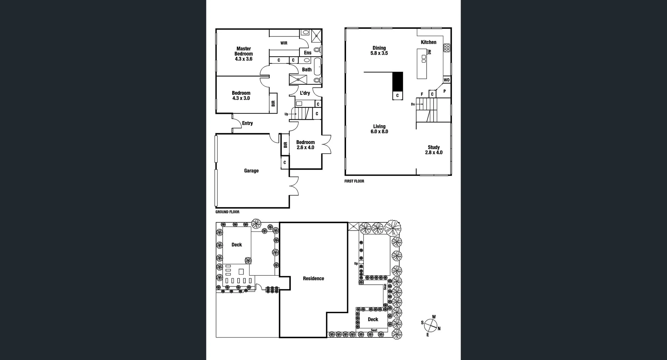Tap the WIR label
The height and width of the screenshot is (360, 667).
pyautogui.click(x=284, y=43)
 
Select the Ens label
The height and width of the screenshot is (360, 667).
pyautogui.click(x=307, y=53)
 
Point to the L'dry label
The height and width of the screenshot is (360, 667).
pyautogui.click(x=305, y=93)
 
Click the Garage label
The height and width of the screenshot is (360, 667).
pyautogui.click(x=251, y=171)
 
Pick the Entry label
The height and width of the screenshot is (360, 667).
pyautogui.click(x=247, y=123)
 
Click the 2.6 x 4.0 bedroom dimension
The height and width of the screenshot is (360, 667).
pyautogui.click(x=305, y=148)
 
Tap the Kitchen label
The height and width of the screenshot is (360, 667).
pyautogui.click(x=428, y=42)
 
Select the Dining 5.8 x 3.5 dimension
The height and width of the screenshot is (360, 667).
pyautogui.click(x=379, y=53)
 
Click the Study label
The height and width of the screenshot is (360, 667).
pyautogui.click(x=434, y=147)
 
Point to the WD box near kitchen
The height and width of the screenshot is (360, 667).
pyautogui.click(x=447, y=80)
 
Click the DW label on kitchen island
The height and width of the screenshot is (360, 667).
pyautogui.click(x=429, y=52)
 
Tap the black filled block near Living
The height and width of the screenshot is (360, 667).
pyautogui.click(x=397, y=82)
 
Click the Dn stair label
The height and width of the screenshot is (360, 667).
pyautogui.click(x=413, y=104)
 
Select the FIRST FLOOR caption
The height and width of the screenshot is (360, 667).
pyautogui.click(x=354, y=181)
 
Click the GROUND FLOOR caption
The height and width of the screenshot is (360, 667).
pyautogui.click(x=227, y=212)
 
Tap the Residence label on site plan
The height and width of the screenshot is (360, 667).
pyautogui.click(x=313, y=278)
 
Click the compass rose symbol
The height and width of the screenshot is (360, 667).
pyautogui.click(x=431, y=326)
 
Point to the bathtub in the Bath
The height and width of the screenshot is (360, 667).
pyautogui.click(x=318, y=67)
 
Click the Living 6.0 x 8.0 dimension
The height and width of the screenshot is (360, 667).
pyautogui.click(x=379, y=132)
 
